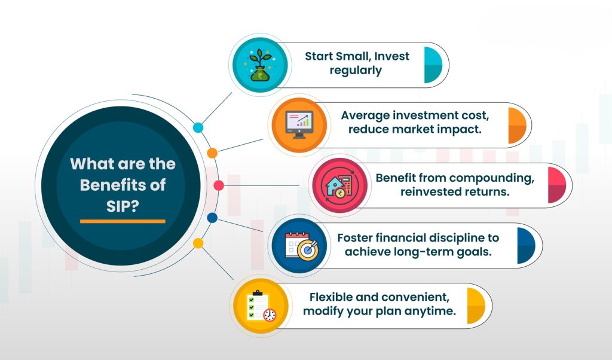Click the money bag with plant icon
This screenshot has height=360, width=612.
261,65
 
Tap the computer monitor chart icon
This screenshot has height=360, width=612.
299,125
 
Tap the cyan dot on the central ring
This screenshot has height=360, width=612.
198,128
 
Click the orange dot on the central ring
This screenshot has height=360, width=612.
212,153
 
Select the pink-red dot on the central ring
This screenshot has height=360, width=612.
219,185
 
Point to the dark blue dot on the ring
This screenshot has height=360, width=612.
212,218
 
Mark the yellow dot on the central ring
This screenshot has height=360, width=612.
198,243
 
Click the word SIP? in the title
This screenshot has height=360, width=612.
123,206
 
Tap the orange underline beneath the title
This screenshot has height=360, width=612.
123,221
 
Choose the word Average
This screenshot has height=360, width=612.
365,115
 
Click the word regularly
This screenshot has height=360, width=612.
356,71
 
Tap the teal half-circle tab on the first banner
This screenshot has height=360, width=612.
433,65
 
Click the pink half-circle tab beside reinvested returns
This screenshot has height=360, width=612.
557,185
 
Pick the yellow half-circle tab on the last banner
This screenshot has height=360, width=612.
476,306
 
